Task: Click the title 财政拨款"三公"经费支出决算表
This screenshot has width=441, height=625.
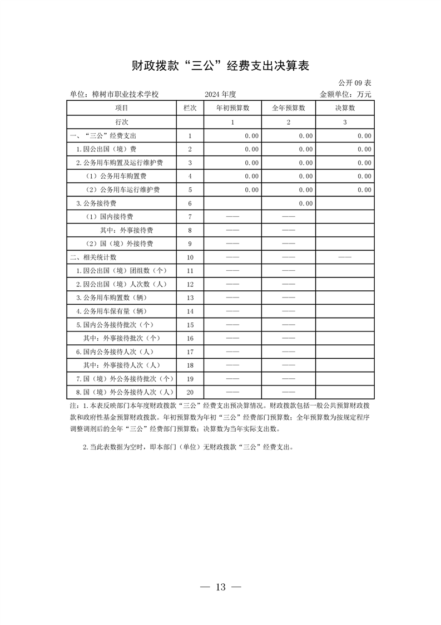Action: click(220, 66)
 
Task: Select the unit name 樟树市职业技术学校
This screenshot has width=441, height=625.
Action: click(114, 95)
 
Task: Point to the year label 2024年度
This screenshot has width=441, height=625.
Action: click(220, 95)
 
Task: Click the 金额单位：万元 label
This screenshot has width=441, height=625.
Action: click(345, 95)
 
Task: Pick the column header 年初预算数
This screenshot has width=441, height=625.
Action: click(232, 108)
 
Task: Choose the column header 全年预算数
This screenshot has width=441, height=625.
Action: click(288, 108)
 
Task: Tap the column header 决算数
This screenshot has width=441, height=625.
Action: click(345, 108)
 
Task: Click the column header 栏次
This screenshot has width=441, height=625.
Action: click(190, 108)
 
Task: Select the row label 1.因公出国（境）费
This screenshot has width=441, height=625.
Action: click(106, 149)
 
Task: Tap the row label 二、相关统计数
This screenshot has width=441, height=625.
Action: click(93, 257)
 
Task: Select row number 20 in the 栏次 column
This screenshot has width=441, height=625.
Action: click(190, 392)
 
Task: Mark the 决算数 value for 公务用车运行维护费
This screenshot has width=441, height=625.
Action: click(364, 190)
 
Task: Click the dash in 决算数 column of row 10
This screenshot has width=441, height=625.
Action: click(345, 257)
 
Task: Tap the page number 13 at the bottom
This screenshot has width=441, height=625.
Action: click(220, 587)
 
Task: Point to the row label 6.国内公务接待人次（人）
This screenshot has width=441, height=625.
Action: click(115, 352)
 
